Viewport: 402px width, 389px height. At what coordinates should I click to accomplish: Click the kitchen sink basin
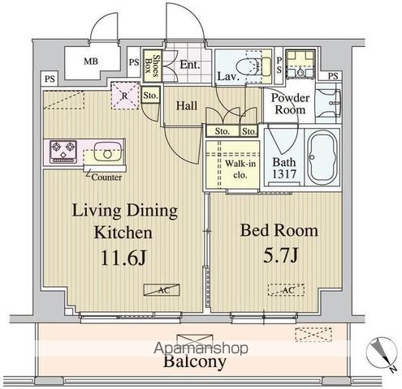click(x=104, y=152)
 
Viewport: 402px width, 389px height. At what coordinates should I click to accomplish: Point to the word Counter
click(x=106, y=177)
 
